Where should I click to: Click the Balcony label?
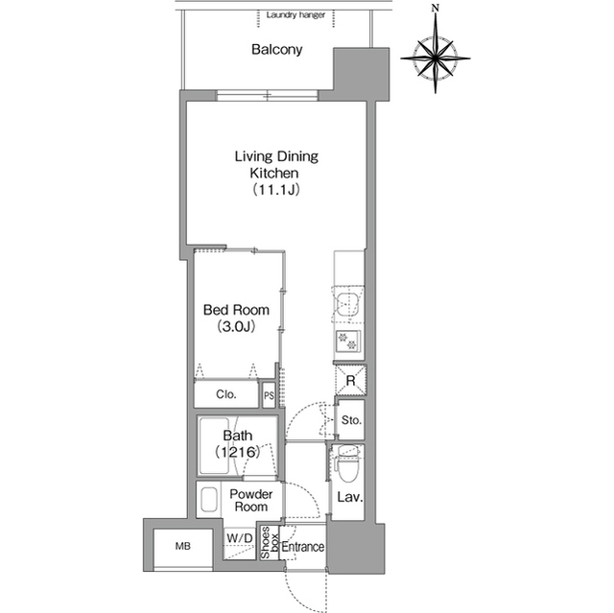[x=277, y=50]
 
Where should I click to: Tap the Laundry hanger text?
[x=295, y=15]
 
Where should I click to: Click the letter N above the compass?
[x=435, y=8]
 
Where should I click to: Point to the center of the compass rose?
[x=436, y=59]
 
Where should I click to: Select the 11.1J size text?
[x=276, y=189]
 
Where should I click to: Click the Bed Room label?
[x=236, y=310]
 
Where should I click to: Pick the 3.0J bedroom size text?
[x=236, y=326]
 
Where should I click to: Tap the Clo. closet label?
[x=226, y=394]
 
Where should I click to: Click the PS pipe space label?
[x=269, y=396]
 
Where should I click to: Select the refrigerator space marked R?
[x=351, y=380]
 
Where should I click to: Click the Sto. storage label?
[x=351, y=420]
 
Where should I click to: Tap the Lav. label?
[x=350, y=498]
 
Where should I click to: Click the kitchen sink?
[x=348, y=305]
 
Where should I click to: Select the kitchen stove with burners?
[x=348, y=342]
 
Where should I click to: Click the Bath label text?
[x=238, y=436]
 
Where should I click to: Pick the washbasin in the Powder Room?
[x=209, y=500]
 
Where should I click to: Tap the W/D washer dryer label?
[x=240, y=538]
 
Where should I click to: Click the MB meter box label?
[x=183, y=546]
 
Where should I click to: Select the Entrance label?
[x=303, y=547]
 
